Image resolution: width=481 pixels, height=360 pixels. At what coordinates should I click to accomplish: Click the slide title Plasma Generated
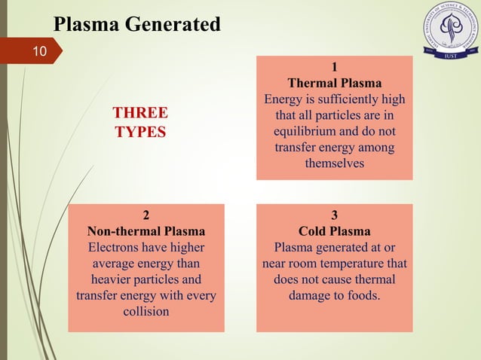coord(137,25)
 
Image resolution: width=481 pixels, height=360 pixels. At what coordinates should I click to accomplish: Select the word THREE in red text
coord(140,113)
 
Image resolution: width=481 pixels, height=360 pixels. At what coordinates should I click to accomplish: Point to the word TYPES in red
coord(140,131)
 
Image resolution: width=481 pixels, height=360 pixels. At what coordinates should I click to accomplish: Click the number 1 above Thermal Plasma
coord(334,66)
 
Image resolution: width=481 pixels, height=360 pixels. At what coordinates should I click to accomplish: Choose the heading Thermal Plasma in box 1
coord(334,83)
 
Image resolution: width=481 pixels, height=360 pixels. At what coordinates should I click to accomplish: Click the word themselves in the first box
coord(334,163)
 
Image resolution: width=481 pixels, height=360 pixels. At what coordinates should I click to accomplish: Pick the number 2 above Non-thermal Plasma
coord(146,214)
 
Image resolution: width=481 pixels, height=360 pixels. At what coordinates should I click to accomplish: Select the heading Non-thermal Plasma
coord(146,230)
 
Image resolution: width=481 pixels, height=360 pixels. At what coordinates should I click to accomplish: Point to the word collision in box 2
coord(146,311)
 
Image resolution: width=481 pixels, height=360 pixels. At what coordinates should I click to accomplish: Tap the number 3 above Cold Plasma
coord(334,214)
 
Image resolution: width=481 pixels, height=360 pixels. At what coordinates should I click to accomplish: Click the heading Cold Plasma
coord(334,230)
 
